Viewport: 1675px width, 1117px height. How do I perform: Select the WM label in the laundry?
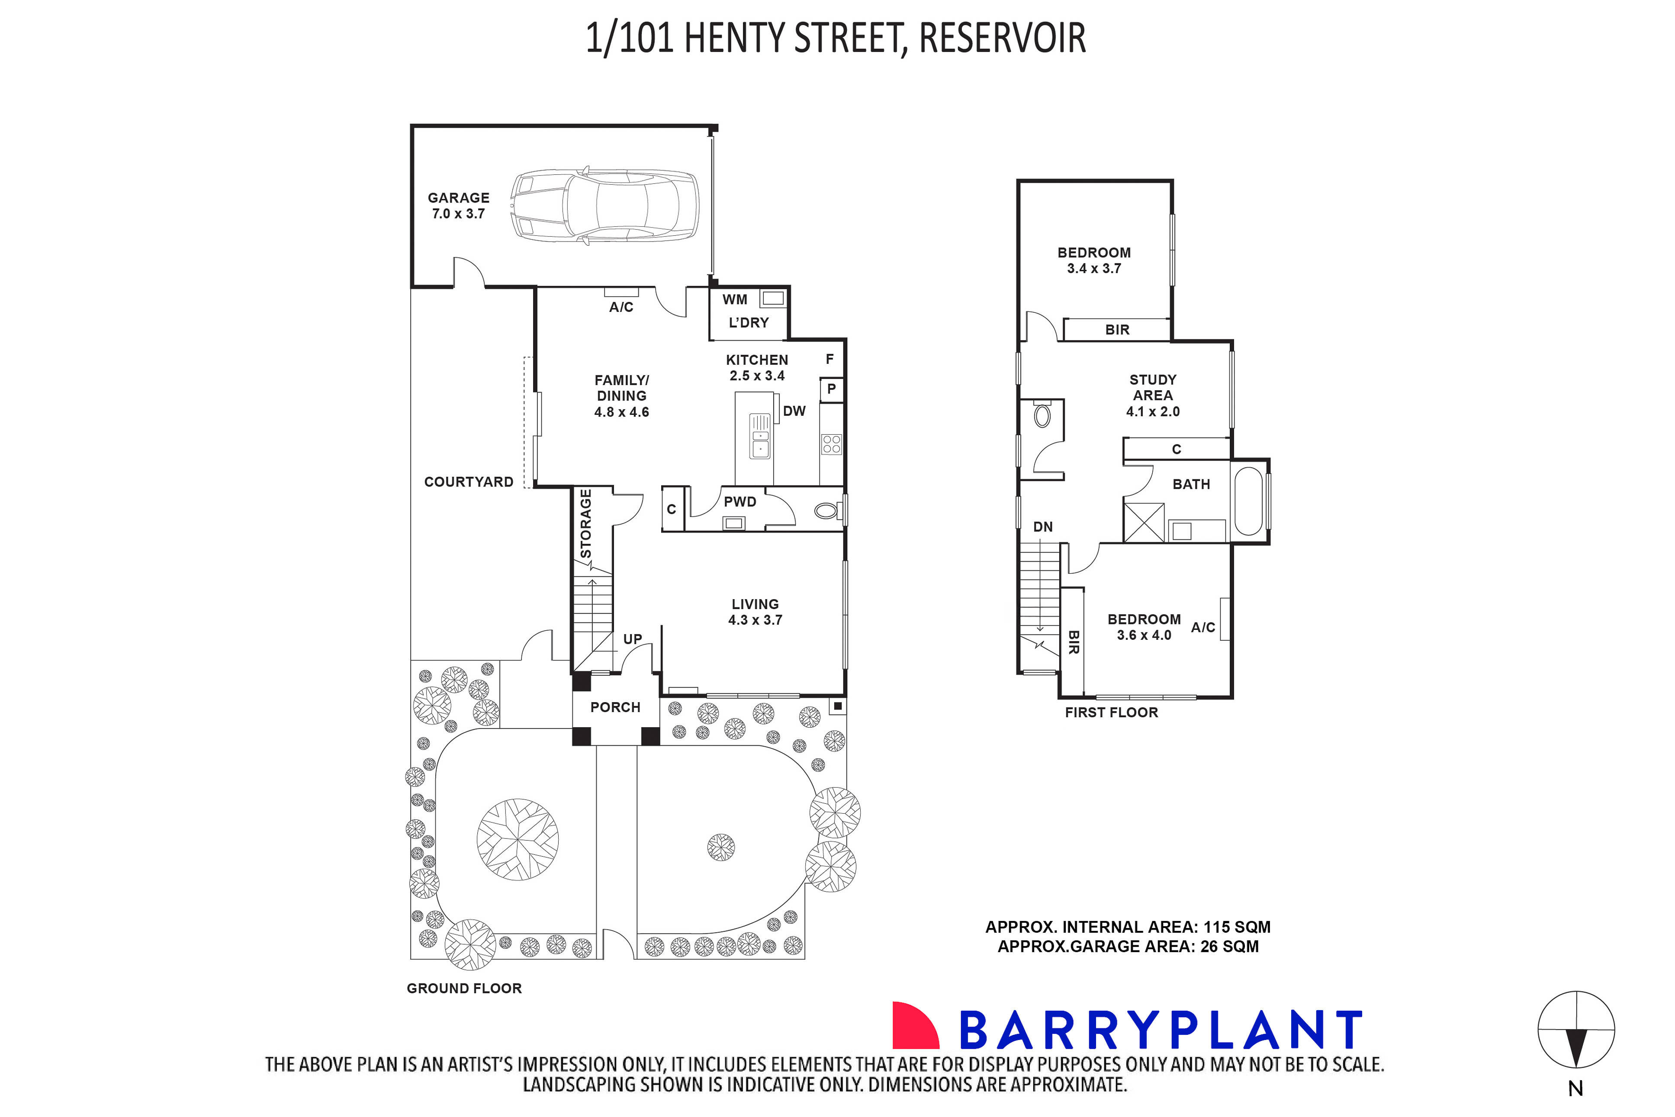(735, 300)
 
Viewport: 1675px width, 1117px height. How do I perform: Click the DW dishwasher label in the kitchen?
(794, 411)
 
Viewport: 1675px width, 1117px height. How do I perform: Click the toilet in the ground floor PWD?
(827, 510)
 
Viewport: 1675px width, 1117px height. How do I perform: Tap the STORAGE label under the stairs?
(585, 523)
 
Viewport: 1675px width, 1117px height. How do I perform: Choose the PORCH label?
(615, 707)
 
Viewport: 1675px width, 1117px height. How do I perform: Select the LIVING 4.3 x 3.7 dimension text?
(755, 620)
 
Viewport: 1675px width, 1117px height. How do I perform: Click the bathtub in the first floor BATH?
(1248, 501)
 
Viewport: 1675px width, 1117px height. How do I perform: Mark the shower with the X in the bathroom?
(1144, 522)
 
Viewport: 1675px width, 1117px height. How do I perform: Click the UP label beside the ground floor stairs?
(632, 639)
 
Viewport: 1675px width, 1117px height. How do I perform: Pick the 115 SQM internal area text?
(1237, 927)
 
